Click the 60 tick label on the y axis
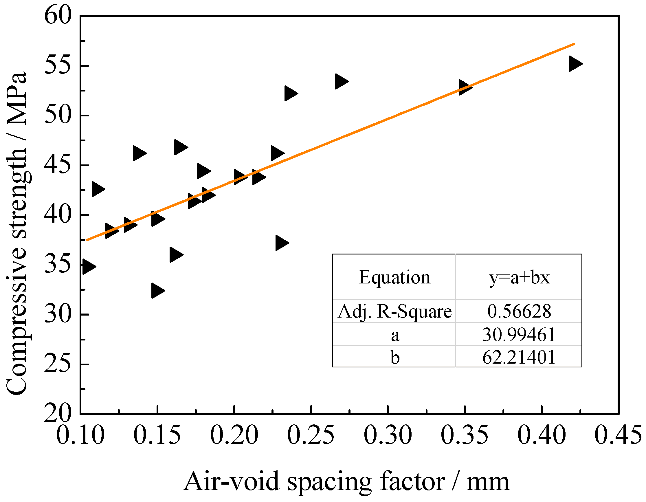[x=58, y=15]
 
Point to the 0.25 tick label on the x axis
[x=311, y=435]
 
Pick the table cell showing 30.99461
[x=519, y=335]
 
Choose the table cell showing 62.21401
[x=519, y=357]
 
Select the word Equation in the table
[x=394, y=277]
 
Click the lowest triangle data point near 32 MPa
[x=157, y=290]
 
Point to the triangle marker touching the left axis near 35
[x=88, y=267]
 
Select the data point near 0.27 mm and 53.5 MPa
[x=341, y=81]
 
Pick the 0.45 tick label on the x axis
[x=618, y=435]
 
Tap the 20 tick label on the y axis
[x=58, y=413]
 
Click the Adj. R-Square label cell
[x=394, y=311]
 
